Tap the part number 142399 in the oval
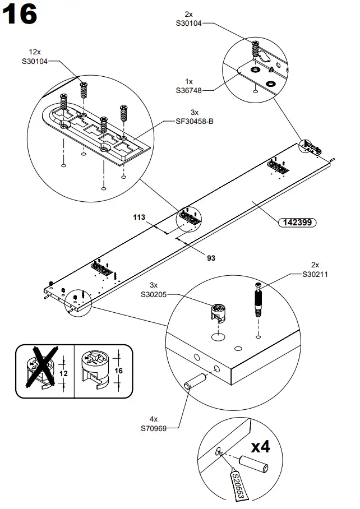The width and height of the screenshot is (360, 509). (x=297, y=222)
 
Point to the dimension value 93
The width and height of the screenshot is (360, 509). (x=211, y=258)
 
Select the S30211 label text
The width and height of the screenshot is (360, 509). (x=315, y=274)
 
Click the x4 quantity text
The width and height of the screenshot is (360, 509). (x=260, y=447)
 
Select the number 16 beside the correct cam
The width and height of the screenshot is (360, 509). (x=118, y=371)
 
